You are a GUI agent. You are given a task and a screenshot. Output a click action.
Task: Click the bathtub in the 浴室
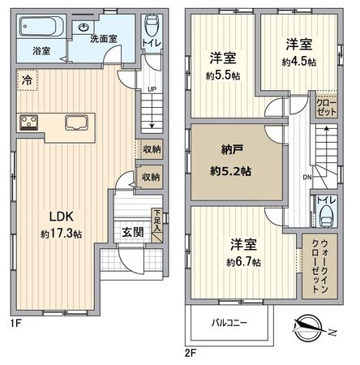click(40, 29)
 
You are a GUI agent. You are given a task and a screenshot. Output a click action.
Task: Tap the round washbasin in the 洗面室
click(85, 27)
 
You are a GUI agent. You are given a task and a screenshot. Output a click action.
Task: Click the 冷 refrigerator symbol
click(26, 82)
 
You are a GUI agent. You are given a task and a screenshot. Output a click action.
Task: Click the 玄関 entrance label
click(133, 231)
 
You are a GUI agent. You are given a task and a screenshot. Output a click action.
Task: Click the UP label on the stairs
click(151, 89)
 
